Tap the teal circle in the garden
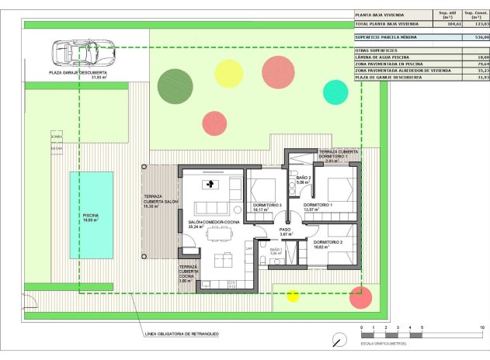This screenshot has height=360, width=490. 335,92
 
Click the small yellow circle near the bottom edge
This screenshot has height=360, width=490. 293,295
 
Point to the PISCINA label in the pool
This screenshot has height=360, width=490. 92,216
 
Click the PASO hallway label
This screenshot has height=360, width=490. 285,230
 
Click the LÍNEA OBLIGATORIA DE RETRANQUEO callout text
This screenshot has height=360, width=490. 181,334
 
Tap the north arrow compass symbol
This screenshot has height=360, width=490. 339,340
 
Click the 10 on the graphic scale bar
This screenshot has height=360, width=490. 482,328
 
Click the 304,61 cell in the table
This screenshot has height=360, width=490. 447,24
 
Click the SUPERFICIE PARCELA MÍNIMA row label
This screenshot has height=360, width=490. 386,36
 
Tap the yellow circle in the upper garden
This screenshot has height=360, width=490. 229,73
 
